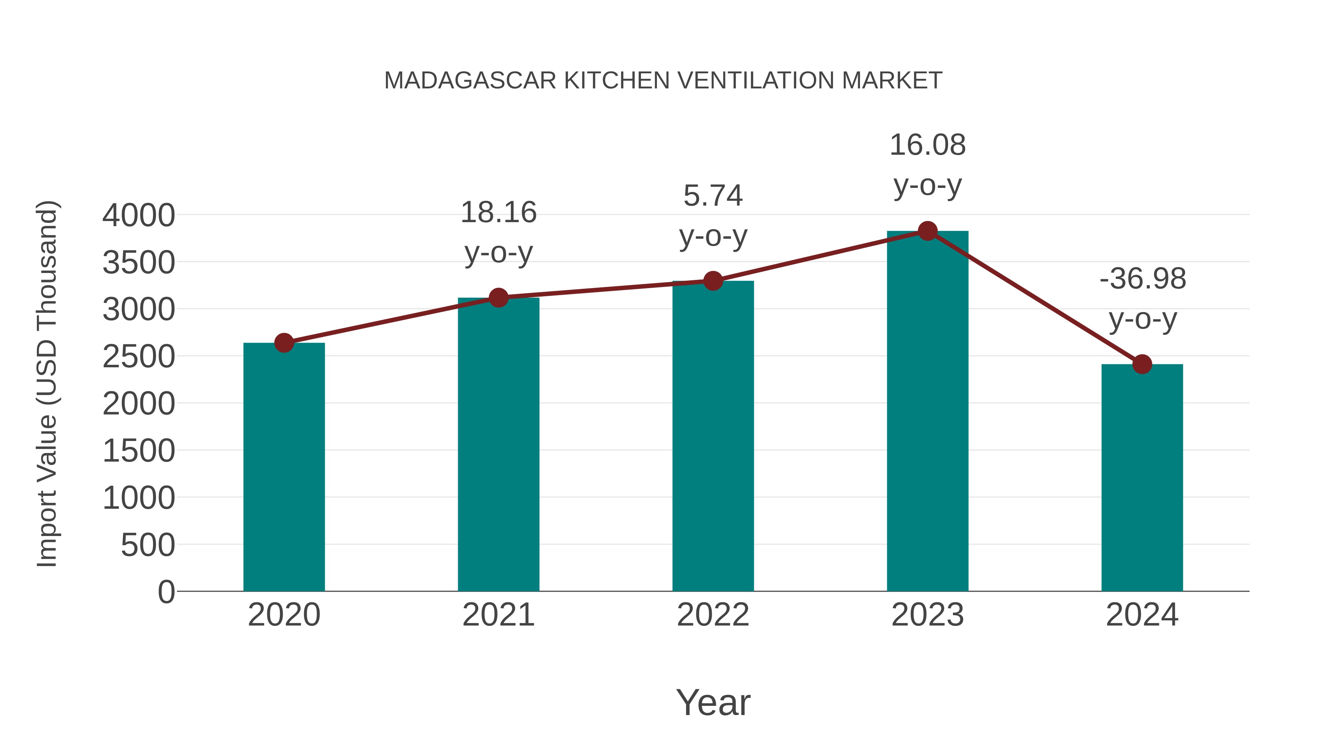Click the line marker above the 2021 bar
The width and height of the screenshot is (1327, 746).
coord(498,298)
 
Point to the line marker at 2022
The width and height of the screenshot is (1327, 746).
coord(713,281)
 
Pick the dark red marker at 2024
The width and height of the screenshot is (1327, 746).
coord(1142,364)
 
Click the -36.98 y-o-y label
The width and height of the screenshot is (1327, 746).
coord(1142,299)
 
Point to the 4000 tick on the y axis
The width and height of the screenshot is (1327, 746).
coord(139,215)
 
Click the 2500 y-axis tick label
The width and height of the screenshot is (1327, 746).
coord(139,356)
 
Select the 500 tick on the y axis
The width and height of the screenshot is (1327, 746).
coord(148,545)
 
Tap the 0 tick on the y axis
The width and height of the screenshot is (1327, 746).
coord(166,592)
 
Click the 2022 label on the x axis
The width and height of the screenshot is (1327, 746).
coord(713,615)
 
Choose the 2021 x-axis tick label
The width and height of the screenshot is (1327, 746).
coord(498,615)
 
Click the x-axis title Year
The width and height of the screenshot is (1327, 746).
coord(713,702)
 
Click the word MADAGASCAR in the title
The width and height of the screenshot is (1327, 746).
coord(470,81)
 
